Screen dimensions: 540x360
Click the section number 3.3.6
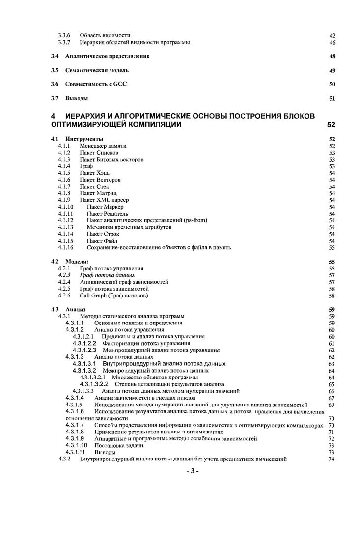pyautogui.click(x=64, y=35)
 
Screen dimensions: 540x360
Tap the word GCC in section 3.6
pyautogui.click(x=120, y=84)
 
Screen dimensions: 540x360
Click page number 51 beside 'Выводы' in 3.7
pyautogui.click(x=332, y=99)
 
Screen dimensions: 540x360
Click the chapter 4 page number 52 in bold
pyautogui.click(x=332, y=125)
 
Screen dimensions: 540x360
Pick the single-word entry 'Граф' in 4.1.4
pyautogui.click(x=86, y=166)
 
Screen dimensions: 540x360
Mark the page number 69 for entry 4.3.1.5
pyautogui.click(x=332, y=405)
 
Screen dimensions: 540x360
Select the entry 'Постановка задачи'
pyautogui.click(x=119, y=445)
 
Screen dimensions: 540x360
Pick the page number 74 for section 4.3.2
pyautogui.click(x=332, y=459)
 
